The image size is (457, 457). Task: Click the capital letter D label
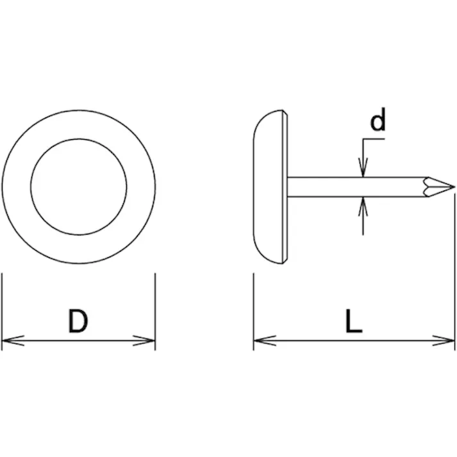(x=78, y=321)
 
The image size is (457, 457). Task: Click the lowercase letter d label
(x=378, y=119)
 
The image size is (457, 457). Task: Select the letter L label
(x=354, y=321)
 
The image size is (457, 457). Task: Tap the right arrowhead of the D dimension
(x=144, y=340)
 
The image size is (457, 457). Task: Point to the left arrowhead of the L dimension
(x=265, y=340)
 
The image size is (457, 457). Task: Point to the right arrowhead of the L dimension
(x=444, y=340)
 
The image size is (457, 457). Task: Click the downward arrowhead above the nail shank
(x=363, y=167)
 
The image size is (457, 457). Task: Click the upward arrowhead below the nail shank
(x=363, y=206)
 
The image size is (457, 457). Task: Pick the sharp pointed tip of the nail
(x=454, y=187)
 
